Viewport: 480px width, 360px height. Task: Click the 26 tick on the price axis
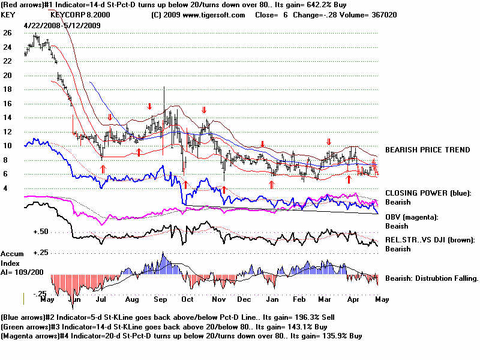coord(7,33)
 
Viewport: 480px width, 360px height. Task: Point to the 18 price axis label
coord(7,89)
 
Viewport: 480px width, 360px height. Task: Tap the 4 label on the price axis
coord(6,188)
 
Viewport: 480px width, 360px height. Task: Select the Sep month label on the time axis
coord(160,298)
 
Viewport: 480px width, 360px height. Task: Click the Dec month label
coord(244,298)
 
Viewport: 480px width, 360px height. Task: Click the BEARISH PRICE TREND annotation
coord(427,149)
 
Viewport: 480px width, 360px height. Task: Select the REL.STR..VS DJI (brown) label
coord(430,240)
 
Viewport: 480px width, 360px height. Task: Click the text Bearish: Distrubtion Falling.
coord(431,278)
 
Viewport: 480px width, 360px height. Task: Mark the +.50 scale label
coord(41,232)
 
